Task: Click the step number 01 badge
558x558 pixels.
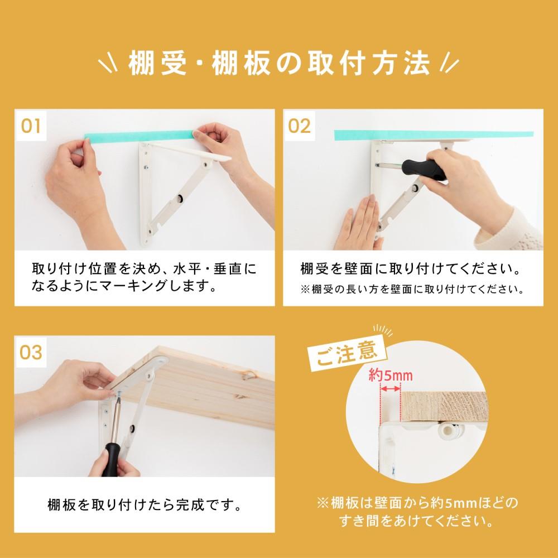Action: pos(31,126)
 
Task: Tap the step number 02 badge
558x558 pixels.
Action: pos(299,126)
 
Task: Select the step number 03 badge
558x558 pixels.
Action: pos(31,352)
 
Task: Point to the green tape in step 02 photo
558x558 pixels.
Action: pos(434,135)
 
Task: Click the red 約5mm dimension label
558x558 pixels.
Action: pos(391,375)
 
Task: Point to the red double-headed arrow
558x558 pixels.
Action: pos(391,389)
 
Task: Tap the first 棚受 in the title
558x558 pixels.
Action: pos(157,64)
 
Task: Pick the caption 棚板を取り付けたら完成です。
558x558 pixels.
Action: pos(145,504)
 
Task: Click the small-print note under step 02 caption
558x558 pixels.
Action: pos(413,289)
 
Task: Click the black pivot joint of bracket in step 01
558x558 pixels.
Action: pos(180,198)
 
